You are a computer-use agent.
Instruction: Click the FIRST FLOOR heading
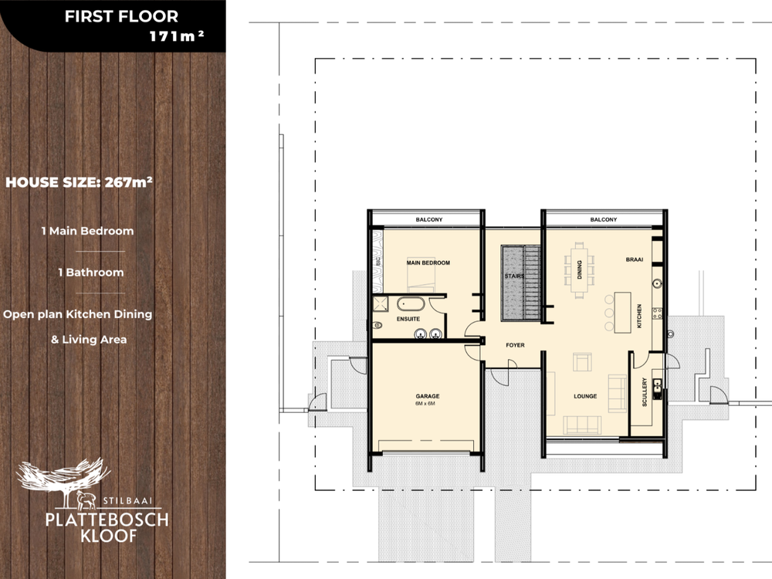tap(121, 16)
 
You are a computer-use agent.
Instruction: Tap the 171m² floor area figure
tap(176, 36)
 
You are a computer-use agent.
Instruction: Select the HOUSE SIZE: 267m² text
tap(79, 182)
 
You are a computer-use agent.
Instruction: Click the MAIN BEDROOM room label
tap(428, 263)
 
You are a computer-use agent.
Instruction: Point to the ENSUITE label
tap(408, 319)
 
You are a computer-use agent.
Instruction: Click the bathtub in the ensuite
tap(411, 303)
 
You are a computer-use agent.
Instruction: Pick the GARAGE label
tap(428, 396)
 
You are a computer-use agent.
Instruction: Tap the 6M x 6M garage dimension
tap(425, 404)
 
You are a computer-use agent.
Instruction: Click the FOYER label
tap(515, 345)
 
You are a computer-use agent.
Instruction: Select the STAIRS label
tap(514, 276)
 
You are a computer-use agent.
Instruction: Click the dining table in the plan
tap(580, 269)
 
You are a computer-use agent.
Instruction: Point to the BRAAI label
tap(634, 259)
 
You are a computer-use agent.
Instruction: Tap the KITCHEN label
tap(639, 316)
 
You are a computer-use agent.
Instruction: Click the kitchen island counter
tap(622, 312)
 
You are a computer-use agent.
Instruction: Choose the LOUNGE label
tap(585, 396)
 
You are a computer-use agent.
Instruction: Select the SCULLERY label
tap(645, 392)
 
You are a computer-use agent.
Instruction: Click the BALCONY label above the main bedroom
tap(428, 219)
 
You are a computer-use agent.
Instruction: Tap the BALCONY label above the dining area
tap(603, 219)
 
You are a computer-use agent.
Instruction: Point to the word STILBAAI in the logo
tap(127, 501)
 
